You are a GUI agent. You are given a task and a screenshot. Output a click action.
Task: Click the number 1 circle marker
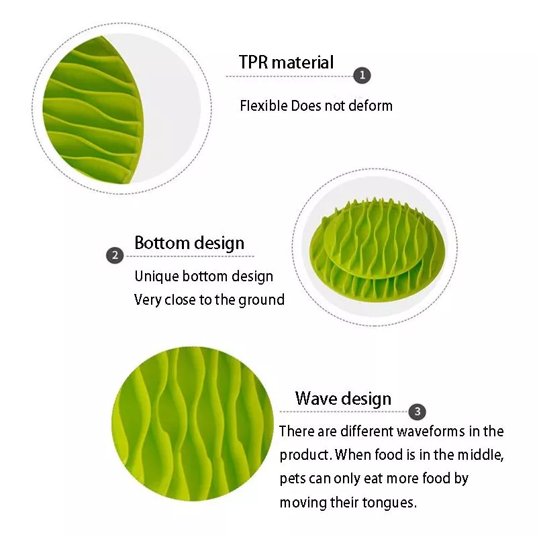[x=362, y=75]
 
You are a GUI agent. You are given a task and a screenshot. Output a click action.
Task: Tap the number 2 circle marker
[x=115, y=256]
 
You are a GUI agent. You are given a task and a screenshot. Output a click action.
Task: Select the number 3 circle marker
[x=417, y=411]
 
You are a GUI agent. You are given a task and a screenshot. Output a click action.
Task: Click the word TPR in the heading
[x=253, y=62]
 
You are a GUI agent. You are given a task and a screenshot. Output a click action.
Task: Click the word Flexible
[x=264, y=106]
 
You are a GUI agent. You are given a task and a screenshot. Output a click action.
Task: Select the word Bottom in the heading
[x=162, y=243]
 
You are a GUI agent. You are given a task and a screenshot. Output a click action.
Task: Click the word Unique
[x=156, y=277]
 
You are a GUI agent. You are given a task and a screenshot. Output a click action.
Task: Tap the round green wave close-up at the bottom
[x=193, y=424]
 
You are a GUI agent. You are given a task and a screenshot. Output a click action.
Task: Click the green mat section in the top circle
[x=93, y=109]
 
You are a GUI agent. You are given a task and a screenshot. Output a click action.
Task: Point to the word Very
[x=146, y=300]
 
